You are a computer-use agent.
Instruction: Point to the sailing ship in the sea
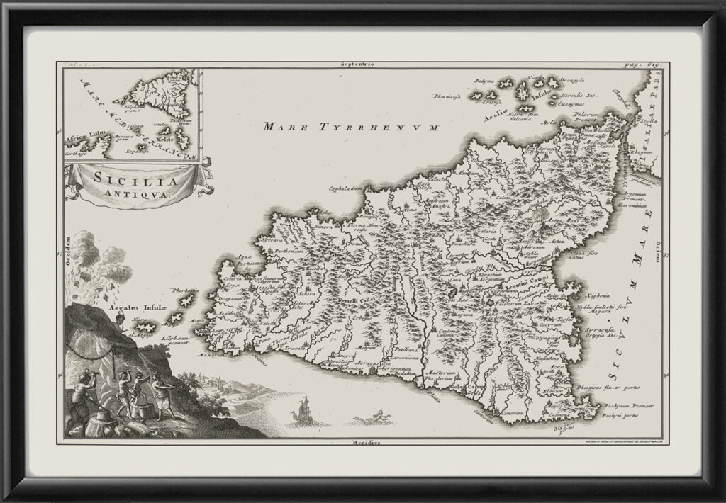pyautogui.click(x=303, y=412)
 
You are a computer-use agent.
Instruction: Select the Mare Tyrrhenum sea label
pyautogui.click(x=350, y=127)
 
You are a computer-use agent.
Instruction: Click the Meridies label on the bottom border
pyautogui.click(x=367, y=442)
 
